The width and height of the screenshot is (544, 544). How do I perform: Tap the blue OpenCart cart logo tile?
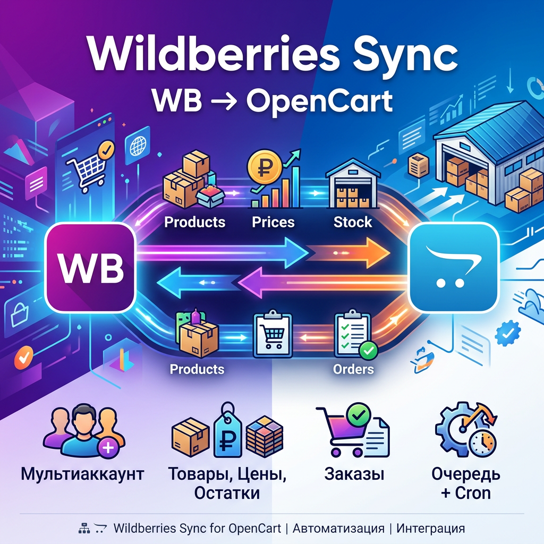455,267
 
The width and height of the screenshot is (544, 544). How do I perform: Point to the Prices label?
273,222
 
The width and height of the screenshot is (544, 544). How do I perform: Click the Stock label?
353,222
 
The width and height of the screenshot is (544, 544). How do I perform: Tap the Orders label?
353,368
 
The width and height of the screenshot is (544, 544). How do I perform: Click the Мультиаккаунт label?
82,474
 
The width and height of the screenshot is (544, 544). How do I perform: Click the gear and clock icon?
465,431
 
